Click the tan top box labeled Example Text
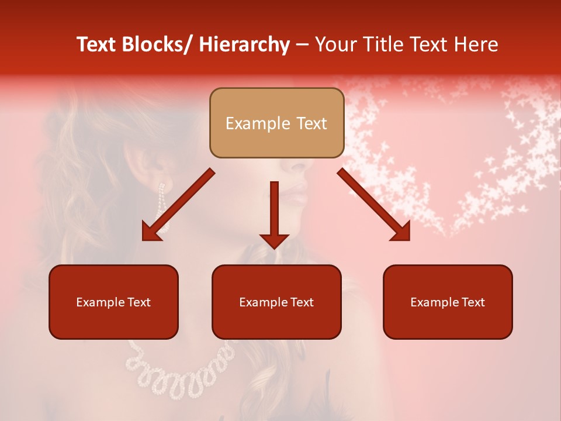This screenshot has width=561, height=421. tap(276, 123)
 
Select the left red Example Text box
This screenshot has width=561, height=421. tap(113, 302)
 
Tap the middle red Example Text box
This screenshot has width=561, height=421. tap(276, 302)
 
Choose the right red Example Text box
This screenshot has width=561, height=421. tap(448, 302)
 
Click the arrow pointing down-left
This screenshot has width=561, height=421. tap(178, 205)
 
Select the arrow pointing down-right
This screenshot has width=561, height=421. tap(374, 205)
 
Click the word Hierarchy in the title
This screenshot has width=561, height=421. tap(244, 44)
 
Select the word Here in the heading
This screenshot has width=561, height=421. tap(476, 44)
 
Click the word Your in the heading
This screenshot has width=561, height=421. tap(334, 44)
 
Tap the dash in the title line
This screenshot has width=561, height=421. tap(302, 44)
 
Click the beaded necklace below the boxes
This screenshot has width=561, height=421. tap(175, 368)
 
